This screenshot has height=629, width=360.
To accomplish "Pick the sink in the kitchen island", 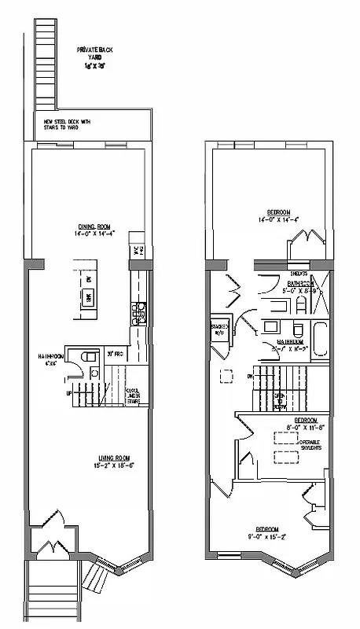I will click(88, 296).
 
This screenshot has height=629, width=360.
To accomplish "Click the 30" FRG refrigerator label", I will click(113, 354).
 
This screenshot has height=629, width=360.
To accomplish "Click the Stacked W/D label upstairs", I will click(219, 328).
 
